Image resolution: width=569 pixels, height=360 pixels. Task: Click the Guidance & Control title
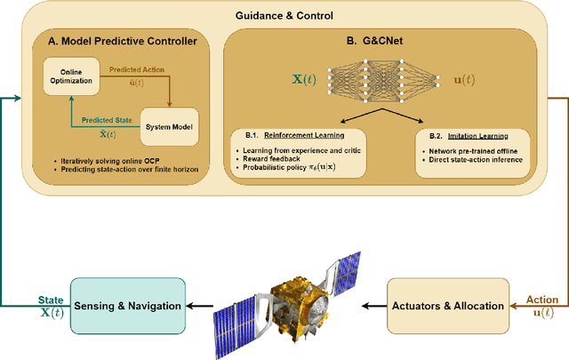pos(284,14)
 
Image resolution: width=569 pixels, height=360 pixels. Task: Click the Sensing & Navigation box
pos(128,306)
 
